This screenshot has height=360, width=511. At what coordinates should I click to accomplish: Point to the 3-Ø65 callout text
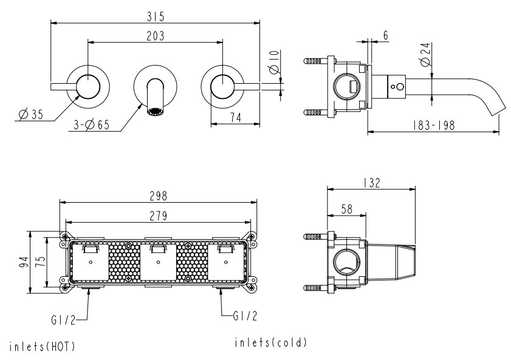92,126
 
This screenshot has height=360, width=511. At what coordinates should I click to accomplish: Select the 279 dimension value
158,216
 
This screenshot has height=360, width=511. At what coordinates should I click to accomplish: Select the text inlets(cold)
270,342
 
